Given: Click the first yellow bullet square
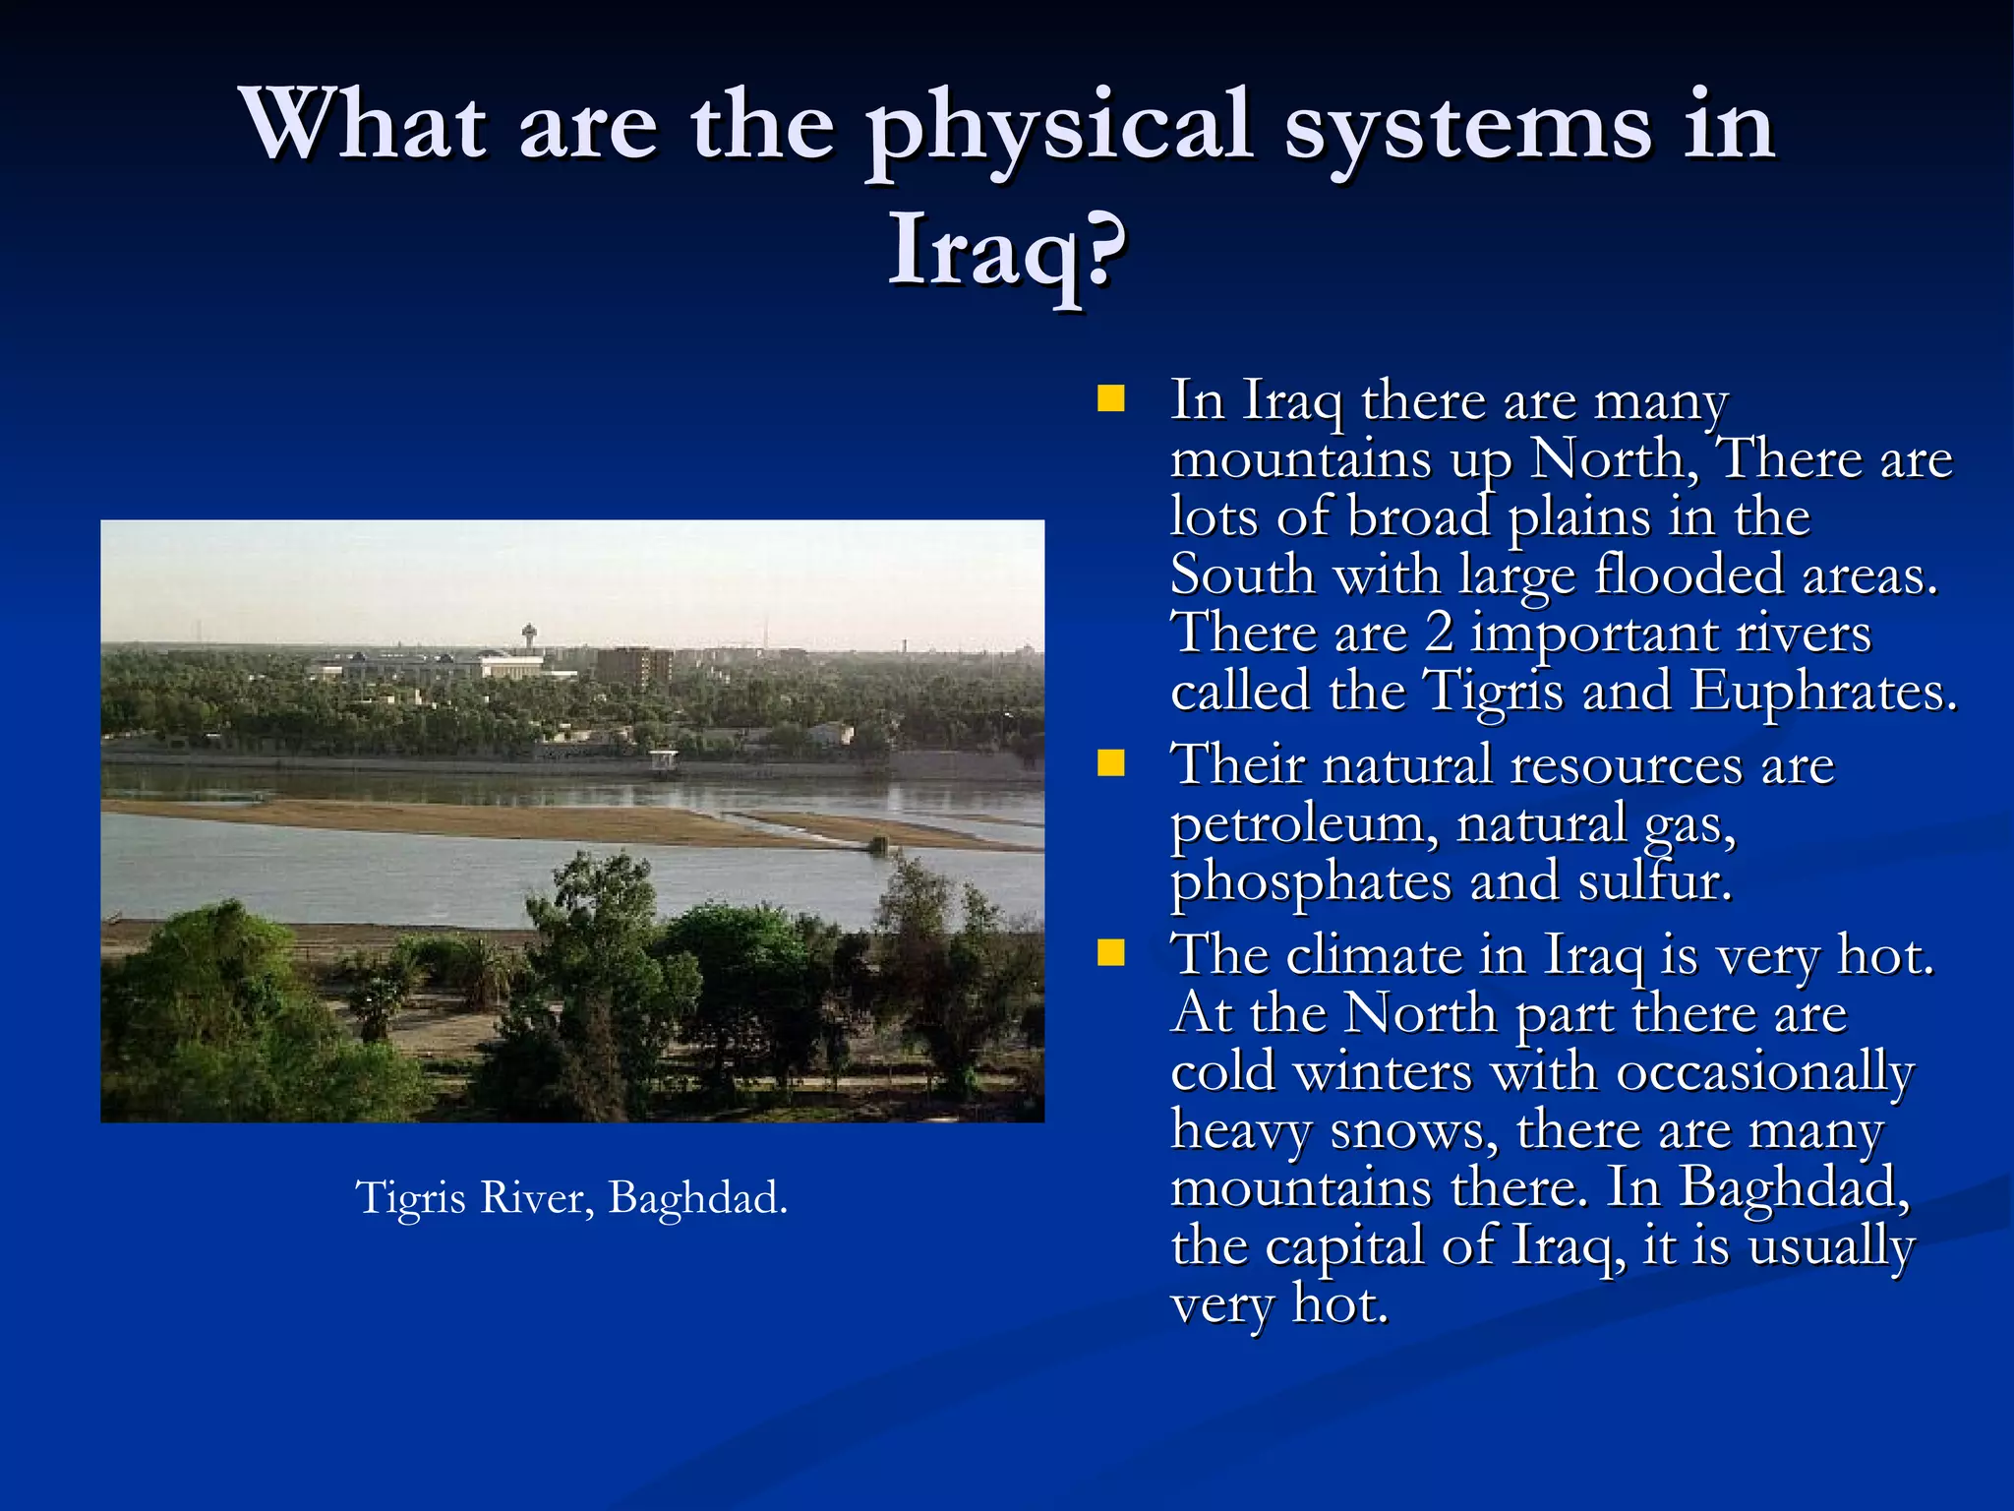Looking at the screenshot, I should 1111,399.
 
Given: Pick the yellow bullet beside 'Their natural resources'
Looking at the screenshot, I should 1111,764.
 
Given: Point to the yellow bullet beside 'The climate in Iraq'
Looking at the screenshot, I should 1111,953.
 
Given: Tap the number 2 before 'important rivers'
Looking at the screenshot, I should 1439,633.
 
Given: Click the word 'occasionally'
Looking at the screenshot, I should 1764,1072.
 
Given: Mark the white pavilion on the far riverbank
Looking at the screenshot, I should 664,759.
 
